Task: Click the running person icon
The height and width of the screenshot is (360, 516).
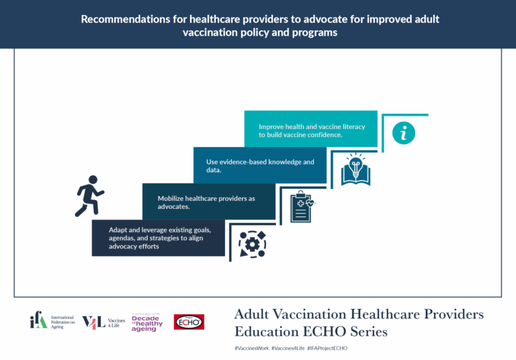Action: click(89, 195)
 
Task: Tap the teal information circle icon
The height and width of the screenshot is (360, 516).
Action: click(403, 133)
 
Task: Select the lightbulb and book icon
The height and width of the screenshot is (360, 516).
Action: click(355, 169)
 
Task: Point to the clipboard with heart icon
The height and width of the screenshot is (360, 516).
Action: click(301, 206)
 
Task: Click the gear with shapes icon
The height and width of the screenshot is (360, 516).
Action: click(253, 244)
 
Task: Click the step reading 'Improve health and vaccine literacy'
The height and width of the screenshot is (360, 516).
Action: click(310, 130)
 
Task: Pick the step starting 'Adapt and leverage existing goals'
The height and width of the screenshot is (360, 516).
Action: click(159, 238)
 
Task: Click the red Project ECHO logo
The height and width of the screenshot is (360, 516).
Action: click(189, 322)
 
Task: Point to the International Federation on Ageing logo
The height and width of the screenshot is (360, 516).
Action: click(48, 322)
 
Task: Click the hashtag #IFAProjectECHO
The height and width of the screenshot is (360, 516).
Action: click(328, 349)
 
